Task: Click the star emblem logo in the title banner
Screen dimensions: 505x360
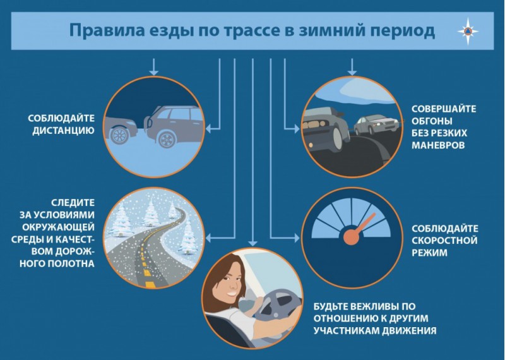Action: coord(468,31)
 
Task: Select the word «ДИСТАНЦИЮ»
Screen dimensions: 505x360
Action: coord(63,131)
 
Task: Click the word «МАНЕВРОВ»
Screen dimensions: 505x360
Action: coord(438,145)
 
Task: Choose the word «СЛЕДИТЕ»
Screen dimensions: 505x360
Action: coord(73,203)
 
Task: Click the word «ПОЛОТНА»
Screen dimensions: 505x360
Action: coord(71,263)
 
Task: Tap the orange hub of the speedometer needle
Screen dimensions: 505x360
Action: coord(351,237)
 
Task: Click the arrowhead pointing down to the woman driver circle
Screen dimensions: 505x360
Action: coord(253,243)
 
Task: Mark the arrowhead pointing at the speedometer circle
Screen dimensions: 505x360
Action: coord(297,238)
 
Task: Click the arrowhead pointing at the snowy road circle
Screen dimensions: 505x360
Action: coord(208,238)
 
